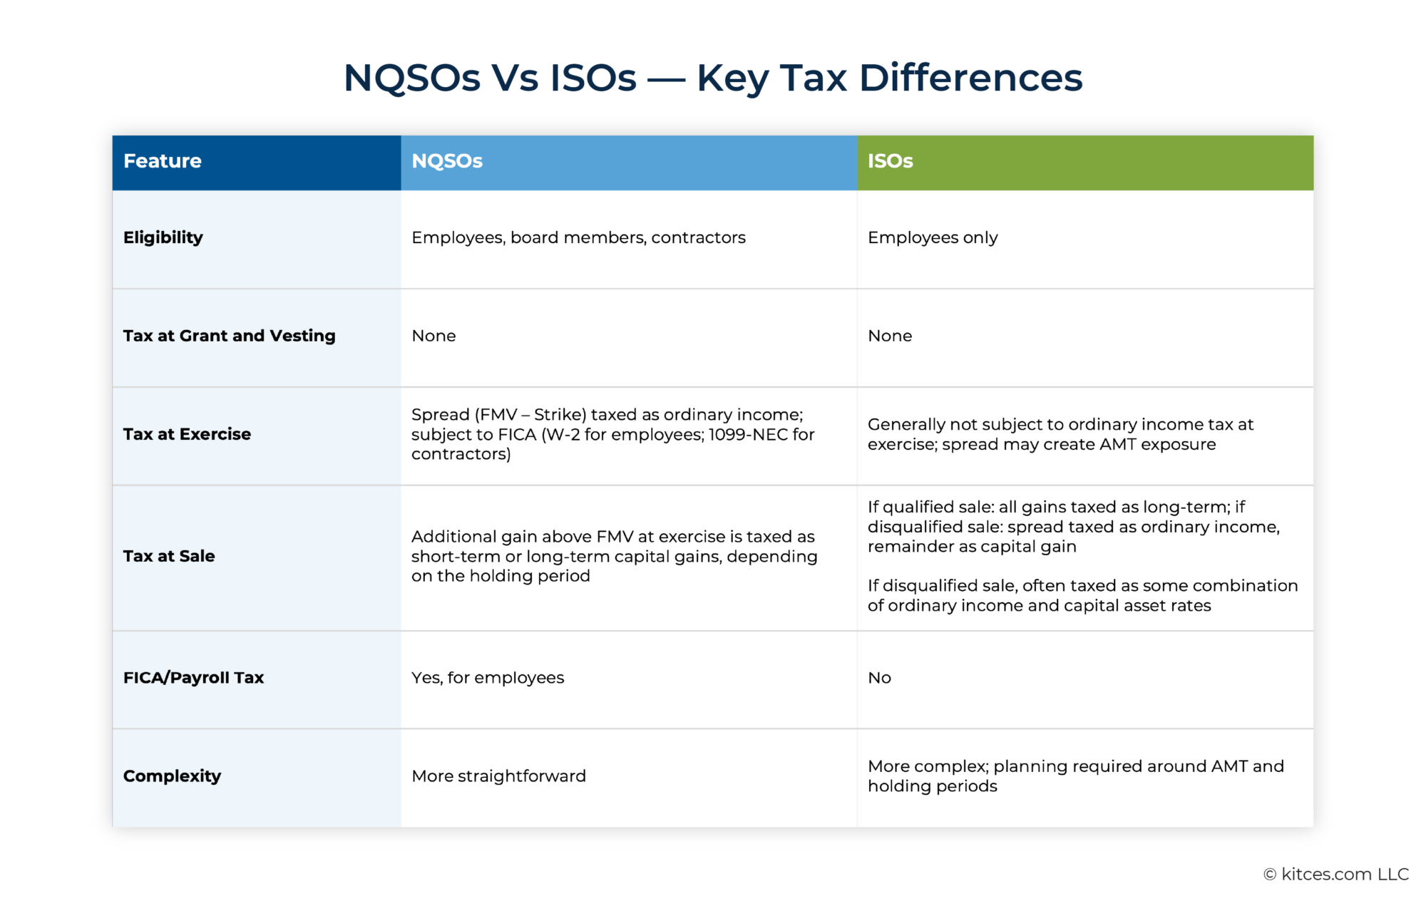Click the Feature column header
coord(163,161)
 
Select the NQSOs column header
coord(447,161)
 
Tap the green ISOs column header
coord(890,161)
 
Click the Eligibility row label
coord(163,237)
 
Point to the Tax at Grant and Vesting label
coord(229,336)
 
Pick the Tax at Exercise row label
coord(187,434)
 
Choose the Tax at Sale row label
coord(169,556)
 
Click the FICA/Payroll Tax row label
coord(193,678)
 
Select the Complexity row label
coord(172,776)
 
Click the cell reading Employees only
coord(933,237)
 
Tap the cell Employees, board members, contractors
coord(578,237)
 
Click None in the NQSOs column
coord(434,336)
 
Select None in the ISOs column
coord(890,336)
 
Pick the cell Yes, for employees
coord(488,678)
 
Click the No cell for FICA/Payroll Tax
coord(879,678)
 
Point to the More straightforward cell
coord(498,776)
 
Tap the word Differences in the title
coord(970,78)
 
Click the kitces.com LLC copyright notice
coord(1336,875)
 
